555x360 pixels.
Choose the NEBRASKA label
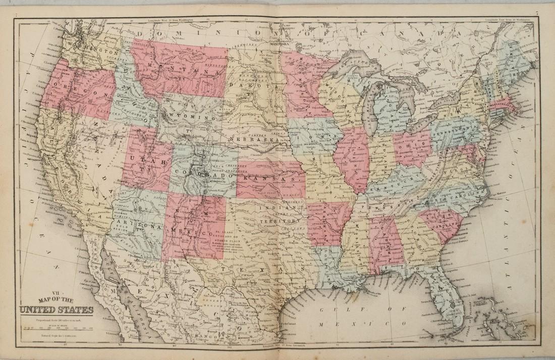coord(253,138)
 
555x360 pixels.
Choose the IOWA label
coord(312,136)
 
